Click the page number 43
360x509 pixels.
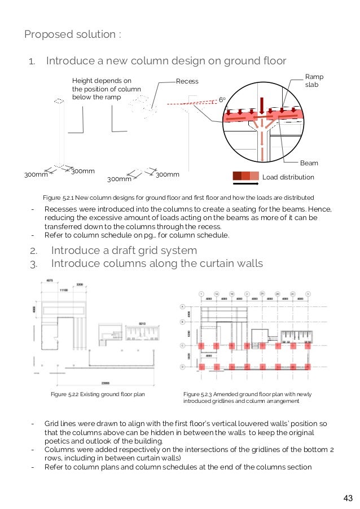(348, 498)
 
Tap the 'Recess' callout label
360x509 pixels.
(187, 81)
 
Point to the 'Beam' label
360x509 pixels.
(309, 163)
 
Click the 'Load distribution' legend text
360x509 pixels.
(288, 177)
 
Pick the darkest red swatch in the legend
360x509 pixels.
(237, 176)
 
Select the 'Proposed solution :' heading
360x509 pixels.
(72, 34)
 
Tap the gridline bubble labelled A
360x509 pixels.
(182, 306)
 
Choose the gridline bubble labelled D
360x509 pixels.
(182, 367)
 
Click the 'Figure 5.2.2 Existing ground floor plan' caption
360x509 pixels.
(98, 394)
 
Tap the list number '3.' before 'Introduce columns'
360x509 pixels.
(33, 263)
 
